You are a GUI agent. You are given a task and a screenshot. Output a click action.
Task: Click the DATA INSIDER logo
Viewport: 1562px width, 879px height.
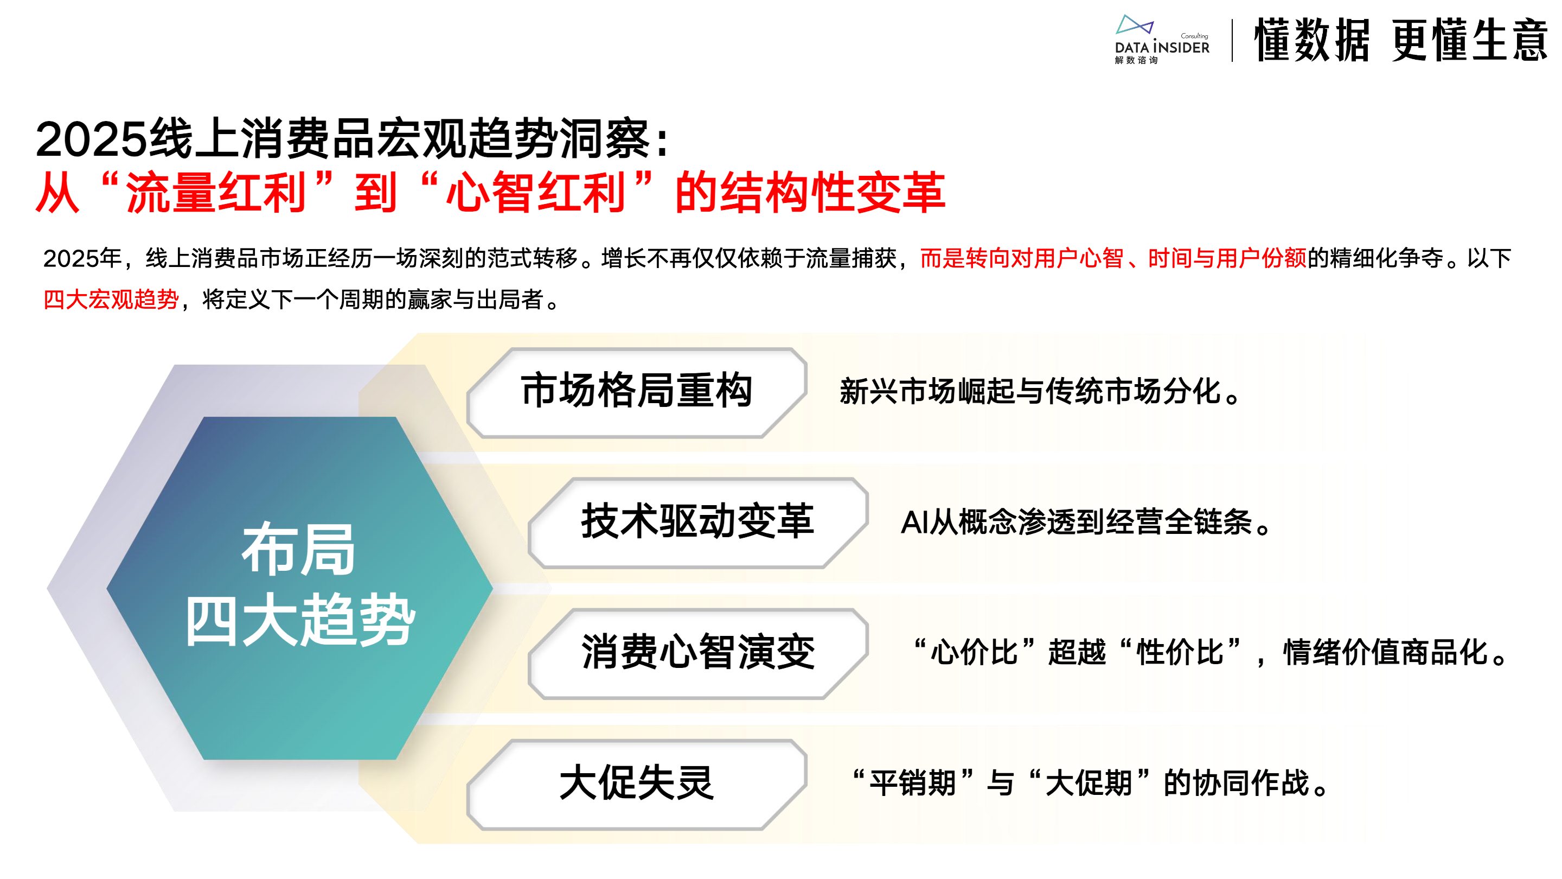(x=1161, y=40)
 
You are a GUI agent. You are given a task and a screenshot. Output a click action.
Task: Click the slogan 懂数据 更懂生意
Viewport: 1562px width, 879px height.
(x=1401, y=40)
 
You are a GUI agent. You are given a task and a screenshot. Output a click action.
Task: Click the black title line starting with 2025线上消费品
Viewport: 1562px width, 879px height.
(x=351, y=138)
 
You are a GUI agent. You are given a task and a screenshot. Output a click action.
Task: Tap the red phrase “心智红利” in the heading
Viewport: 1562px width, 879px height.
(x=536, y=192)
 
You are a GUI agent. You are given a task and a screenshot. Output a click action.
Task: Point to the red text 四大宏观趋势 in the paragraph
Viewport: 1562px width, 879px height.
(x=111, y=299)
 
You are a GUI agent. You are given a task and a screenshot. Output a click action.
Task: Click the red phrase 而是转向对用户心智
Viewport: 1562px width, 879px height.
(x=1022, y=258)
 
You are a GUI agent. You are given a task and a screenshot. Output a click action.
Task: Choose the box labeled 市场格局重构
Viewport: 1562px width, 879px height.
(x=637, y=392)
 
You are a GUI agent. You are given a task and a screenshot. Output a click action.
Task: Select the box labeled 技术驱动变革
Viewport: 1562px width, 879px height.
(x=698, y=523)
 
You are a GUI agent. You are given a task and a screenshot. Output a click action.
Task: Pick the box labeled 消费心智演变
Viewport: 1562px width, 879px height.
(x=698, y=653)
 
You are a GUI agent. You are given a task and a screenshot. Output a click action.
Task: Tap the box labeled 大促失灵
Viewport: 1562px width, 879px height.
(x=637, y=784)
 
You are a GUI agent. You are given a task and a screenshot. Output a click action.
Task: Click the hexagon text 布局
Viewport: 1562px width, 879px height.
(x=298, y=550)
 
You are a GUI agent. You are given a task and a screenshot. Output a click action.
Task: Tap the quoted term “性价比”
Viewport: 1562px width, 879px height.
(x=1180, y=652)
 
